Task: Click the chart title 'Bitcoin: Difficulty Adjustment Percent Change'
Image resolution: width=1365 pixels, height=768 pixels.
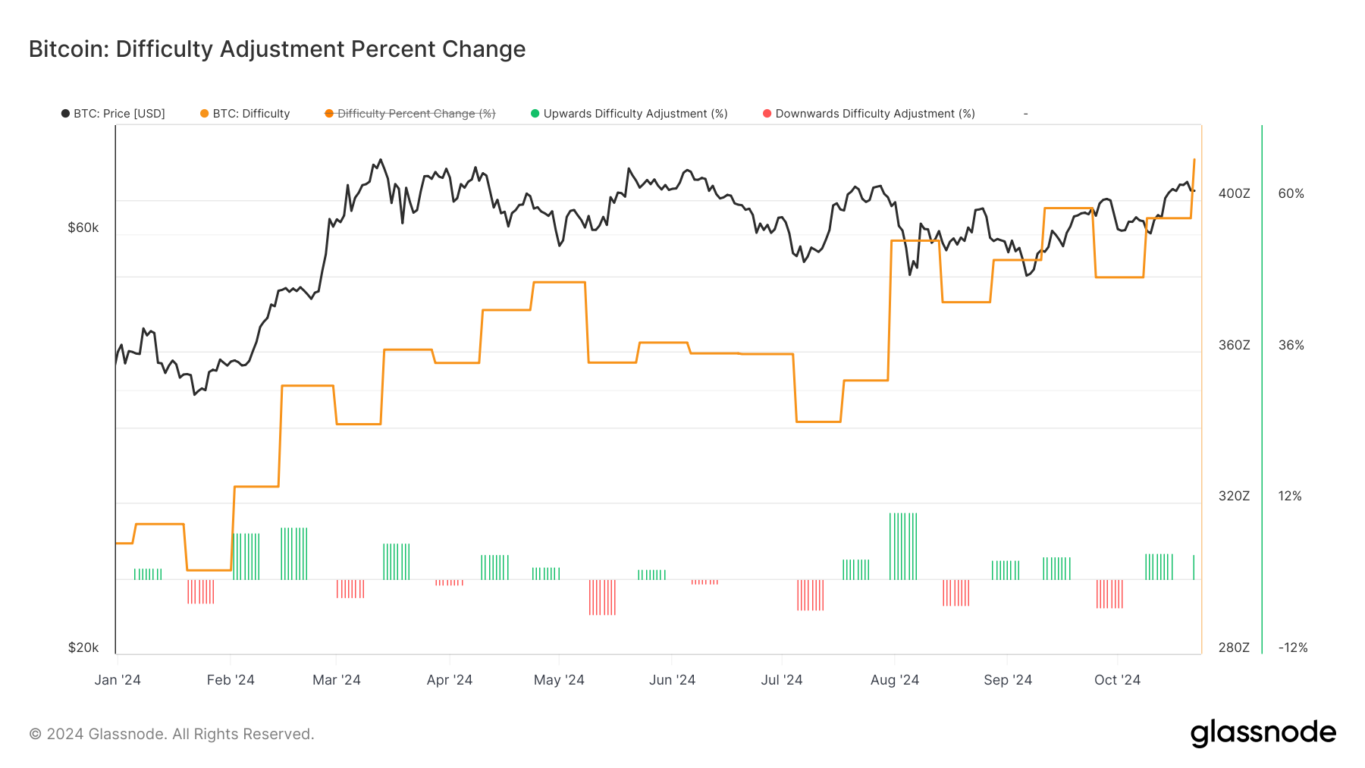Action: pos(277,49)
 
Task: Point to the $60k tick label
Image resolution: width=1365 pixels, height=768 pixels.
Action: pos(83,227)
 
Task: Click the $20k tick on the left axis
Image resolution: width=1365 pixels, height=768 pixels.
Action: pos(83,647)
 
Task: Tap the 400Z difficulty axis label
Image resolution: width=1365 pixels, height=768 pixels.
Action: pos(1234,193)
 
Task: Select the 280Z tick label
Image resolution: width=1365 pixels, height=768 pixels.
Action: pos(1234,647)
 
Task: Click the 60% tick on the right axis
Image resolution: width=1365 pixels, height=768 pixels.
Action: pos(1291,193)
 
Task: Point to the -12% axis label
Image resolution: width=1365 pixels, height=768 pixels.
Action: pos(1293,647)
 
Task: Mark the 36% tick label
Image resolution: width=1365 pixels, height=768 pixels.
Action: pos(1291,345)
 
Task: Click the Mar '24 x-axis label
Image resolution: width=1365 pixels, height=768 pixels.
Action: pos(337,680)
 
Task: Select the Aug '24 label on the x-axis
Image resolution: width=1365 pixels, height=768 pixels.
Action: pos(895,680)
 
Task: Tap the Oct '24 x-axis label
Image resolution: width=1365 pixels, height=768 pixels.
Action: pos(1117,680)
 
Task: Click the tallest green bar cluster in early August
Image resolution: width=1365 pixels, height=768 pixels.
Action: pos(903,546)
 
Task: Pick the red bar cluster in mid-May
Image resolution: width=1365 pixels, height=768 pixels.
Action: pos(602,597)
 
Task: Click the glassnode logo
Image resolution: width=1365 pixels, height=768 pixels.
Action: pos(1263,733)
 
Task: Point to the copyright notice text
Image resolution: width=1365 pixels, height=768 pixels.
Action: pos(171,734)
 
